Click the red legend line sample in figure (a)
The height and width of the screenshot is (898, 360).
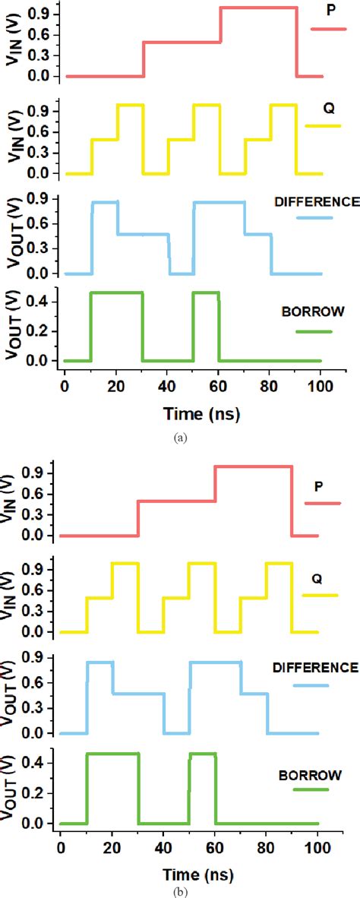click(x=328, y=29)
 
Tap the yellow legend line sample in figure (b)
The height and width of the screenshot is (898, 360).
click(x=320, y=595)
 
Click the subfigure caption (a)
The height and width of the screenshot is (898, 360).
click(x=179, y=437)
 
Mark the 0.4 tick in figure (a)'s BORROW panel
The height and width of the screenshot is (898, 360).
click(x=42, y=302)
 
